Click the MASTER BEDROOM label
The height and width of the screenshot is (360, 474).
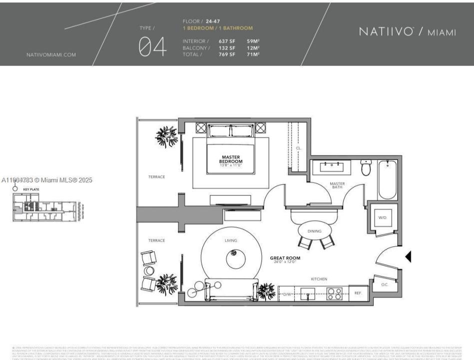tap(231, 159)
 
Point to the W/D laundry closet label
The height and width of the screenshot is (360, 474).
tap(382, 217)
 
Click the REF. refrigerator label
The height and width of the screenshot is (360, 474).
tap(358, 293)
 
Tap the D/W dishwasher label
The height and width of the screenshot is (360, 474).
tap(287, 294)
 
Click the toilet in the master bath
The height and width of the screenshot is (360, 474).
tap(366, 168)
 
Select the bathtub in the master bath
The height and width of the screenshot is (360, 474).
tap(388, 180)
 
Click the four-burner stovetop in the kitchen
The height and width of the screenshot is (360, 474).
tap(334, 294)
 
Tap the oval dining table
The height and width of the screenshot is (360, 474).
tap(314, 231)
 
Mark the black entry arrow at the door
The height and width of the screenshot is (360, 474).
tap(408, 257)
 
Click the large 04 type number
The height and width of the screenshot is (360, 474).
tap(152, 46)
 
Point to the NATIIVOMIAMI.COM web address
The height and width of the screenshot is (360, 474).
tap(51, 55)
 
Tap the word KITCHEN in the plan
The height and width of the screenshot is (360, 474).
tap(319, 278)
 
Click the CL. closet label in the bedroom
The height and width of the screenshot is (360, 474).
tap(298, 148)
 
